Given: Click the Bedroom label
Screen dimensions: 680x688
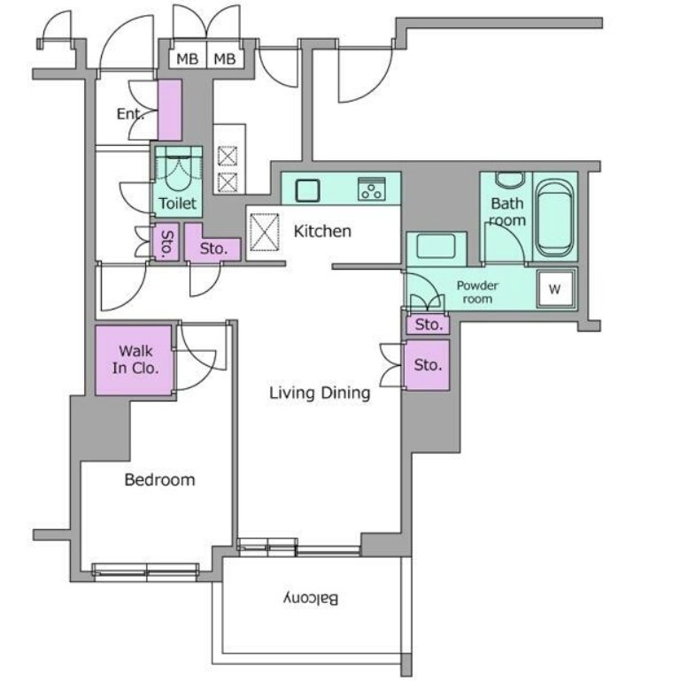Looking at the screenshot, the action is (159, 479).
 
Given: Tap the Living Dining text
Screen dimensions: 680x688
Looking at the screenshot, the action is (320, 393).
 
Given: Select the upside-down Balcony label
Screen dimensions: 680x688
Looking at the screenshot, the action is (311, 599).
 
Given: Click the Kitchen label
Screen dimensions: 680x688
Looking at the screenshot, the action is (322, 231).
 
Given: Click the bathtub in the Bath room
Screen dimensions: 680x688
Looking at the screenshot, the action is (554, 218).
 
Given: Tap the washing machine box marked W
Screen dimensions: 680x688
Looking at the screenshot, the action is (556, 288).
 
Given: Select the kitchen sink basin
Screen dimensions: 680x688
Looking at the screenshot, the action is (307, 190).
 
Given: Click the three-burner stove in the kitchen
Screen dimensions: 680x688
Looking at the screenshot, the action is (372, 189).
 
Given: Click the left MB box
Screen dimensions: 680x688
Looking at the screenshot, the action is (188, 57).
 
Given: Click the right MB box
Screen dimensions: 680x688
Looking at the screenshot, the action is (225, 57).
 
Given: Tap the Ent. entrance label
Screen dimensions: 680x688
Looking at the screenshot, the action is (130, 114).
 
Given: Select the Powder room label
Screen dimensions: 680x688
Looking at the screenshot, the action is (477, 292).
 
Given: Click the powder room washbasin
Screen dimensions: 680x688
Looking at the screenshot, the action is (436, 248).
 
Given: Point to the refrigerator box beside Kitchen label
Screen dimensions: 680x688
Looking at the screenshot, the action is (265, 233).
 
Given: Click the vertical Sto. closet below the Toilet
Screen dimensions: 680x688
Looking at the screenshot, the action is (166, 242).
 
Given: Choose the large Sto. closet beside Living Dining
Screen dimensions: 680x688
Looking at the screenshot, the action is (427, 365).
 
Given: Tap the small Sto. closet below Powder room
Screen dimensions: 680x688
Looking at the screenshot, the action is (428, 325).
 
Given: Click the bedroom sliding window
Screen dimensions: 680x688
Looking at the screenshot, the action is (146, 572).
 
